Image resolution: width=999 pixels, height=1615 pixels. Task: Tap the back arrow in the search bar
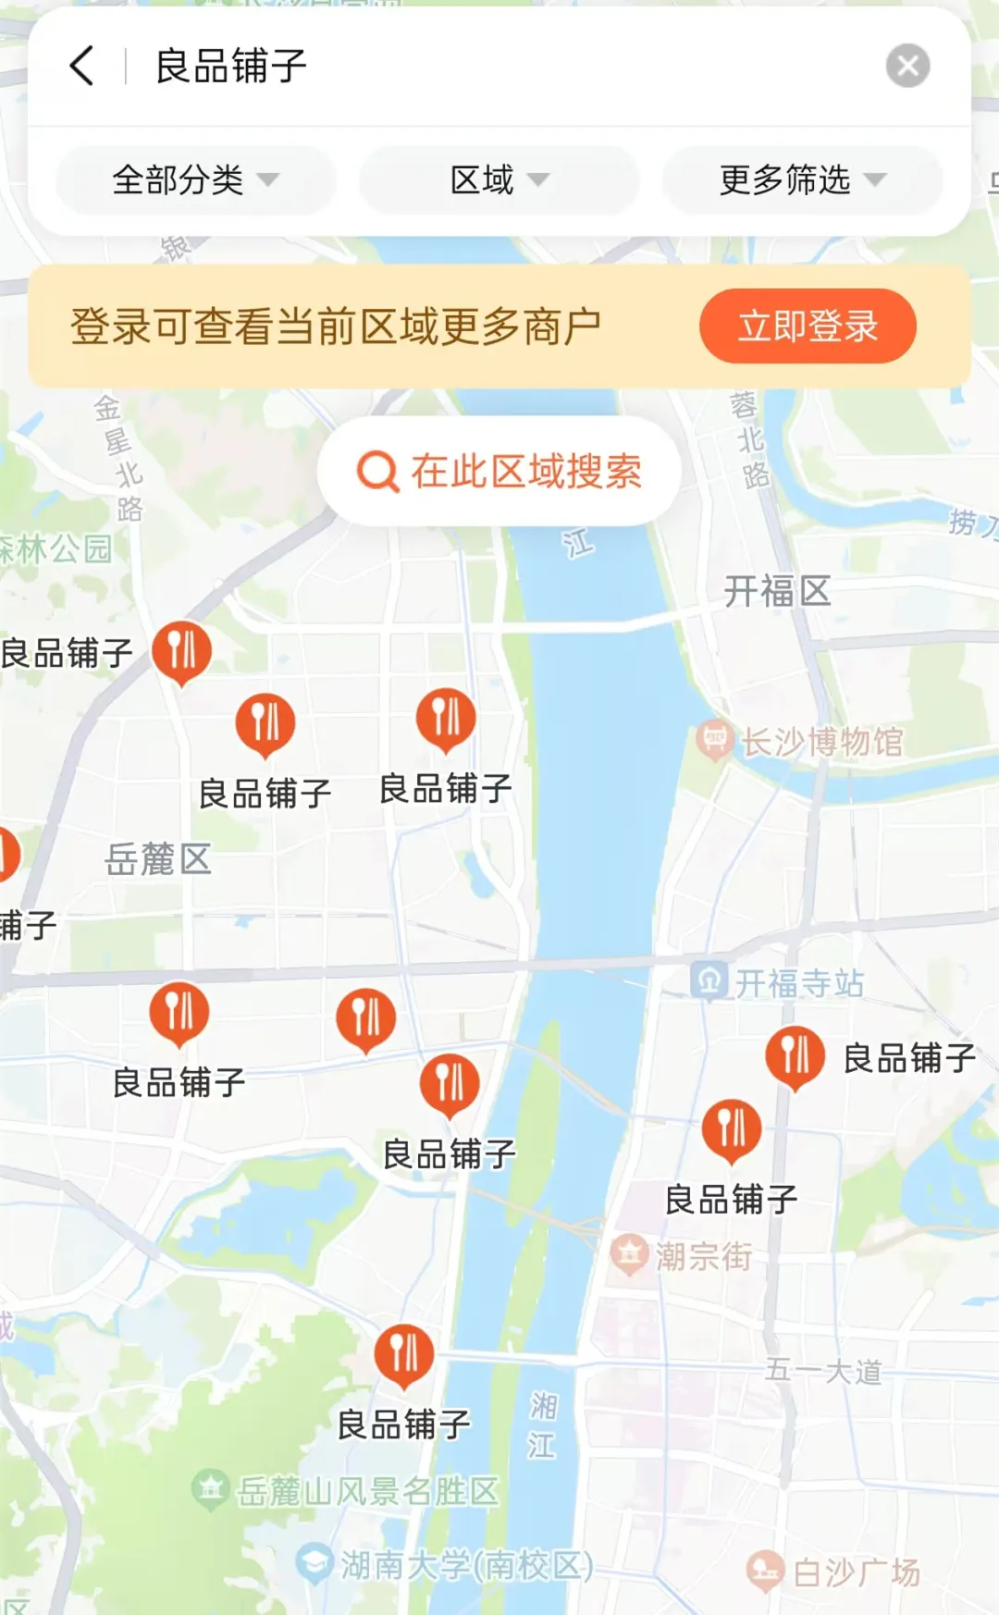point(82,66)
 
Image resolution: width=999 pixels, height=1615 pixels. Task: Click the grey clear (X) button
point(907,66)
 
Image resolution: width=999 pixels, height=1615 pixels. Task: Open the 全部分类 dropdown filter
point(194,179)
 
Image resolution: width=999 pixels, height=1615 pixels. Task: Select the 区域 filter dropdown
point(499,179)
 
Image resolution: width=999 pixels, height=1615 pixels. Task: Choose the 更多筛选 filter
point(801,179)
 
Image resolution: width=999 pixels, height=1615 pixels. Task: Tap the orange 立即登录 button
point(808,326)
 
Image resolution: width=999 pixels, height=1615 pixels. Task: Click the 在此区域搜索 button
point(499,472)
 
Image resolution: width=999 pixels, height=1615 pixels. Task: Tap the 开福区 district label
point(777,591)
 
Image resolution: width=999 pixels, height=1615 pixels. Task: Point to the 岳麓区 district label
point(158,859)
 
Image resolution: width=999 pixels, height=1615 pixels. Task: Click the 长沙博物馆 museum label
point(821,741)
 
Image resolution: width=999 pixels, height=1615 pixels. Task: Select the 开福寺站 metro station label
point(799,983)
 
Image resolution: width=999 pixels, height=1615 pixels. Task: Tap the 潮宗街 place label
point(703,1256)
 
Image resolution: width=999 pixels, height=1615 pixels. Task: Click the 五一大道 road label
point(823,1371)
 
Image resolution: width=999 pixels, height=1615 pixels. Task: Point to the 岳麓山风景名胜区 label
point(366,1491)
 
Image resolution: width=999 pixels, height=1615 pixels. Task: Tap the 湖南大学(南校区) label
point(466,1565)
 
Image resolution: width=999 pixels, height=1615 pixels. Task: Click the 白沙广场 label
point(856,1572)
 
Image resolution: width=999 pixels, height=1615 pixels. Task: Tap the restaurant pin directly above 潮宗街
point(732,1129)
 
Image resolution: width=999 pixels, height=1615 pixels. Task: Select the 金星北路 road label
point(119,458)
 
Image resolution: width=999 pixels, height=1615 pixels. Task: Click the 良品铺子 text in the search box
point(231,67)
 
